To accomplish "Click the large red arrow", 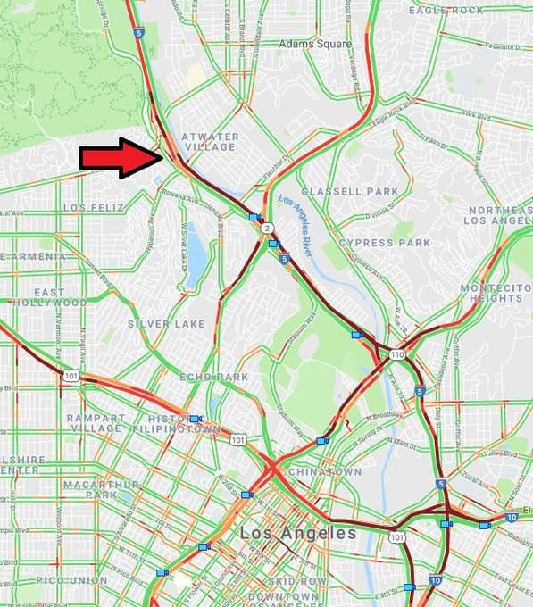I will point(121,158).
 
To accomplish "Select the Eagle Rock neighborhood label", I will point(446,10).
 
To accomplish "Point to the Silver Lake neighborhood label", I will point(166,323).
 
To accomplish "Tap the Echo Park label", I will point(214,378).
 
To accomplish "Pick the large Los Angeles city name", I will point(298,533).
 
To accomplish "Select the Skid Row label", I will point(277,579).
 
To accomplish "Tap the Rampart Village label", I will point(94,422).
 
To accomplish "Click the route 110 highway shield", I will point(395,354).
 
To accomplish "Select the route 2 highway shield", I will point(267,229).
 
